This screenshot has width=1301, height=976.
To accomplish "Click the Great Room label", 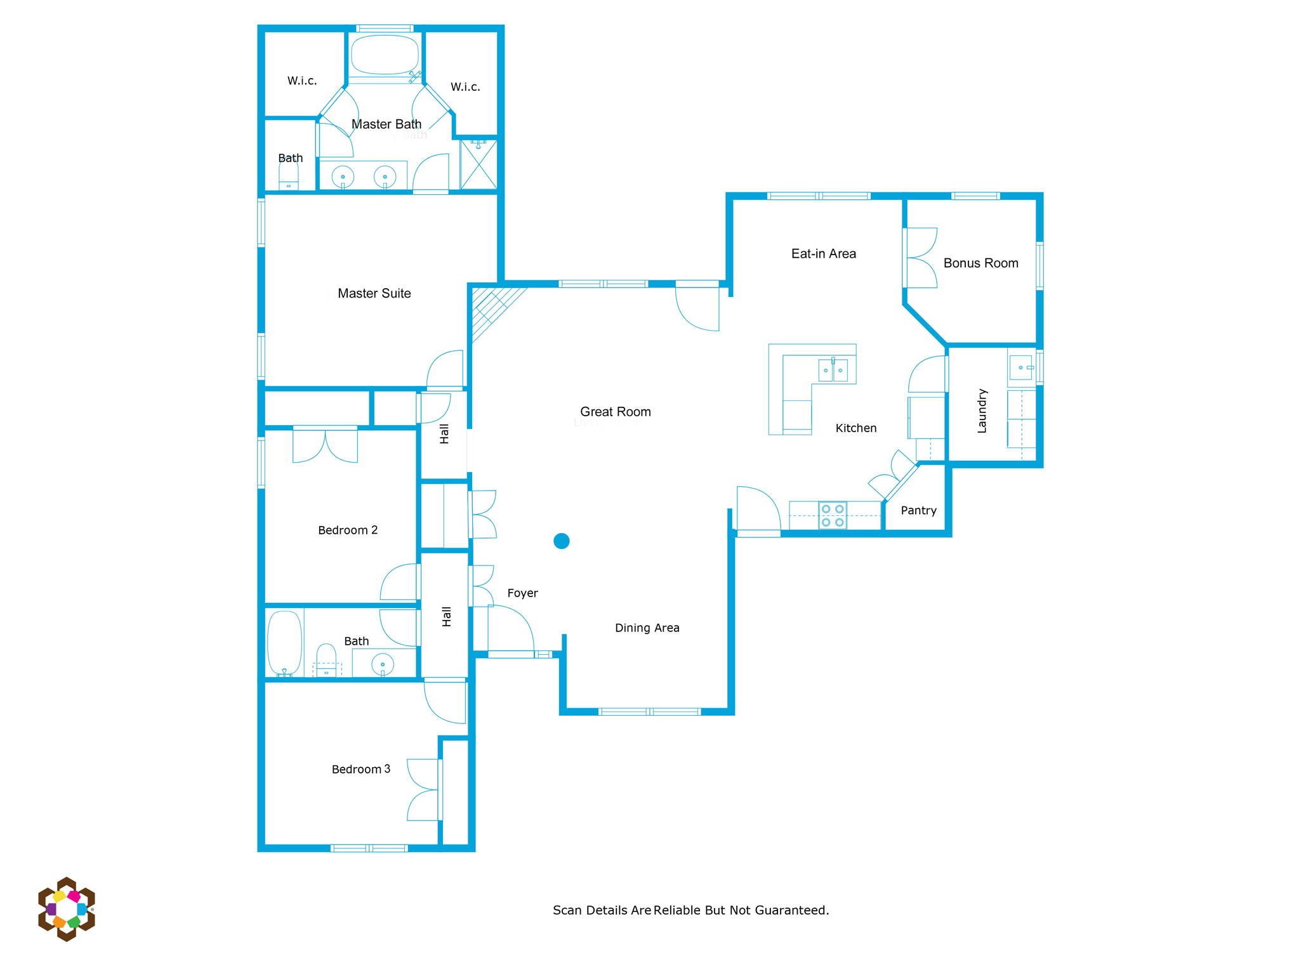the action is [x=615, y=412].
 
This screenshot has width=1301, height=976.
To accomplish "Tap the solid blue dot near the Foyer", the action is [x=561, y=541].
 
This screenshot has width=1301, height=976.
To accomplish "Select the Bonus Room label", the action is [x=981, y=263].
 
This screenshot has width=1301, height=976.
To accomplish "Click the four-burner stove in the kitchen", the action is [x=833, y=515].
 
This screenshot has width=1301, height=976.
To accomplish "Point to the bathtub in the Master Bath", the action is [x=385, y=55].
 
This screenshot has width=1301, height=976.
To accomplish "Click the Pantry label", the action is [x=918, y=511].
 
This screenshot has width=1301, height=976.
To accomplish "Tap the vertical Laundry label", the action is [x=982, y=411].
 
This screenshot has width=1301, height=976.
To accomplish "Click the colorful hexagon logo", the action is [x=67, y=909].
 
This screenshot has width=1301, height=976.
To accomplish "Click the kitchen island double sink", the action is [x=833, y=370].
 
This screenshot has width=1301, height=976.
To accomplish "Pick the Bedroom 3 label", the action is [x=361, y=769].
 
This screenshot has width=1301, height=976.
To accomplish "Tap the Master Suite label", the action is [x=374, y=293].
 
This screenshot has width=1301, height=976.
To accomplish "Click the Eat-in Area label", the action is [x=823, y=254].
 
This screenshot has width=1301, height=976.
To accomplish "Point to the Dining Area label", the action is [x=647, y=628].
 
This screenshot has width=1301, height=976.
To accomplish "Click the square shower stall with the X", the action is [x=479, y=164].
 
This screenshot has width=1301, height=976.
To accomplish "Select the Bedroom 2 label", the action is [x=348, y=531].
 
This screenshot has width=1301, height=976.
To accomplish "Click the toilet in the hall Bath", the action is [x=326, y=660].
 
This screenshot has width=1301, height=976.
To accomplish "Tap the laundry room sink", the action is [x=1020, y=367].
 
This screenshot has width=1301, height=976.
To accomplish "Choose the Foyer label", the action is [x=522, y=593].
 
